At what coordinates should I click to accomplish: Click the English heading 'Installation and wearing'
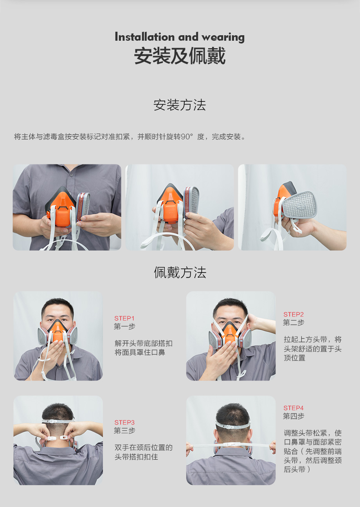pos(180,37)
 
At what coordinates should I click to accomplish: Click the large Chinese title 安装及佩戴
pos(180,56)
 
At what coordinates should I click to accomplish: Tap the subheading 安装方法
pos(180,105)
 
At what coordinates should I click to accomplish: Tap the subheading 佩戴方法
pos(180,272)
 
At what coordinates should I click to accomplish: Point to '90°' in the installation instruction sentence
pos(187,137)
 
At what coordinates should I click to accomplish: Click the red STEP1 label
pos(124,318)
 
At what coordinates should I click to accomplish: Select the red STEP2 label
pos(293,314)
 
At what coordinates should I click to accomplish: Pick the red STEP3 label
pos(124,422)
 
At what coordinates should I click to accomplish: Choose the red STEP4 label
pos(293,408)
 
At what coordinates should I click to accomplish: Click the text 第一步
pos(124,327)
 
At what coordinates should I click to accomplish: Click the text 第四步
pos(293,416)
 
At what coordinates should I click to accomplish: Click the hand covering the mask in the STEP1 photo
pos(54,348)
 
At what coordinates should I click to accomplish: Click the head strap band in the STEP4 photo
pos(232,426)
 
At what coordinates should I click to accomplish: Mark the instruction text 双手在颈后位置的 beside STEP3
pos(144,447)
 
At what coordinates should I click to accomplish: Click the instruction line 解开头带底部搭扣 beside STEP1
pos(144,343)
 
